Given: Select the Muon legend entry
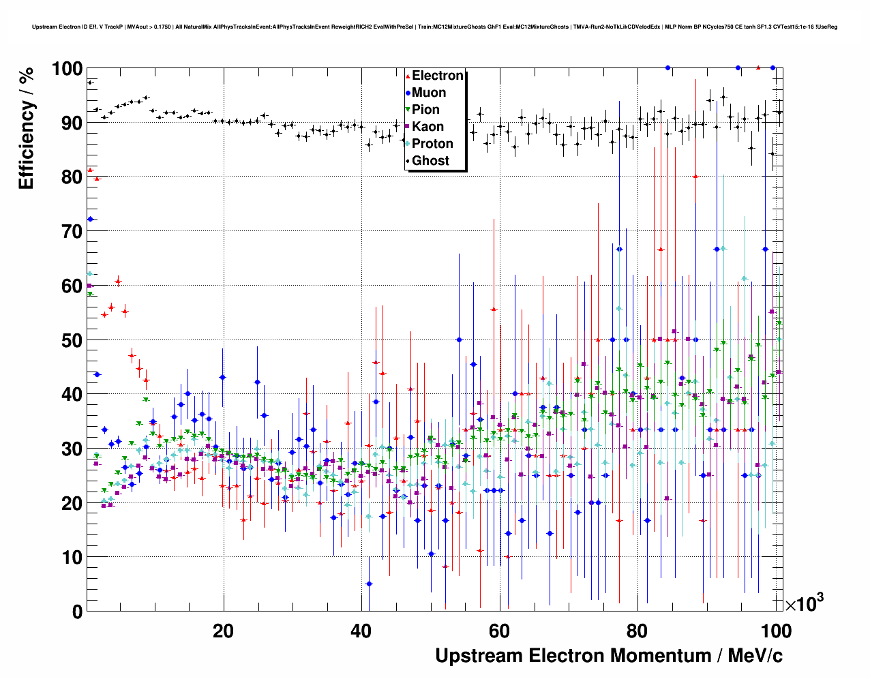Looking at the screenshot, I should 429,93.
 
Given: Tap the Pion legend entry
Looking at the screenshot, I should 425,110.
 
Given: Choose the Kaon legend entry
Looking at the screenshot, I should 427,127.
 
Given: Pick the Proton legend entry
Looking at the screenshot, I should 432,144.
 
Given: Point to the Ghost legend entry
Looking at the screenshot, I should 430,161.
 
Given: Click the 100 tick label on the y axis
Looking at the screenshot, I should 66,69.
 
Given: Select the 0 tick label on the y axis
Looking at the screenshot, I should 76,612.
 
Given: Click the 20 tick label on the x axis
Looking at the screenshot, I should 223,631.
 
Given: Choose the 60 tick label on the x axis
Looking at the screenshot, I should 499,631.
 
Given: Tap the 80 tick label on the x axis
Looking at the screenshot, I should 637,631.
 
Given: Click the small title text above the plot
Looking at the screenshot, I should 435,27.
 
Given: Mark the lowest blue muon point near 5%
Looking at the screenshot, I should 369,584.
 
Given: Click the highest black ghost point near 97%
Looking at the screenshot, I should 90,82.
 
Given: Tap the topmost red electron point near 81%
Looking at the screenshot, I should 90,170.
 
